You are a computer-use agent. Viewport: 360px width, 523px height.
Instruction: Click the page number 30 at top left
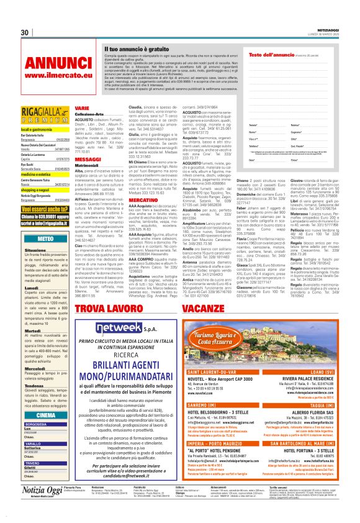25,32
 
